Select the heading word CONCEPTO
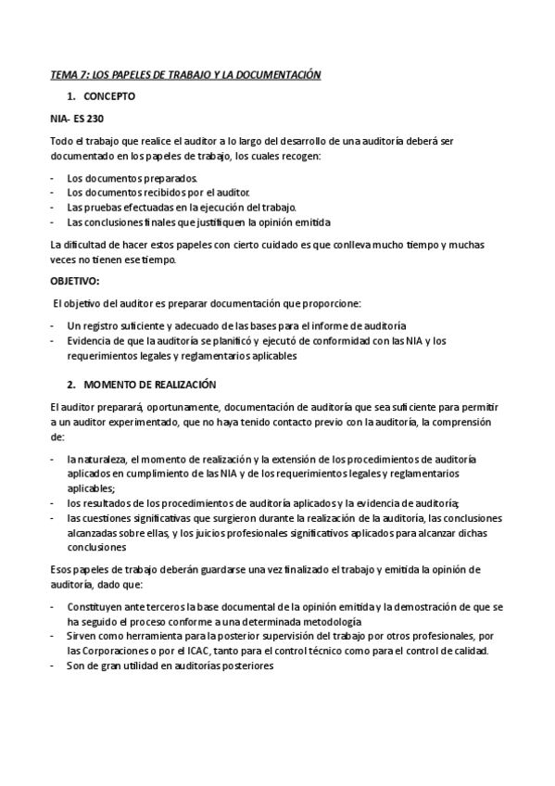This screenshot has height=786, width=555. pos(108,95)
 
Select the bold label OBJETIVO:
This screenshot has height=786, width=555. pos(75,282)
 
